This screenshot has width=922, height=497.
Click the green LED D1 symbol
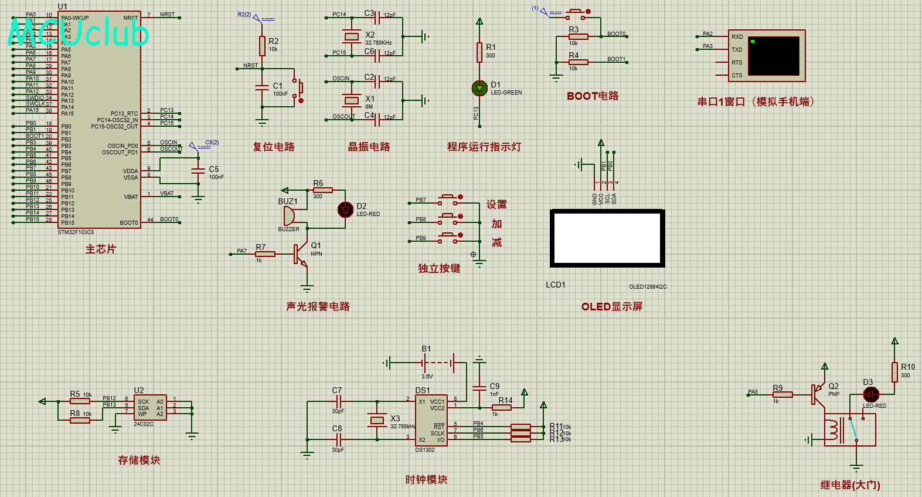479,88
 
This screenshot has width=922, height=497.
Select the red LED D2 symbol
345,209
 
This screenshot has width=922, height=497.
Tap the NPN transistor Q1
301,254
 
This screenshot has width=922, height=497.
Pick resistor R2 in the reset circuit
262,46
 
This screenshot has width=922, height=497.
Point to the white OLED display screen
607,238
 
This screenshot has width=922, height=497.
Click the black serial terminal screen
773,56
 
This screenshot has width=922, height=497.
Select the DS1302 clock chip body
431,420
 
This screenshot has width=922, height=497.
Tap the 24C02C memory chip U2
149,407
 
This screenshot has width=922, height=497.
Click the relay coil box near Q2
849,430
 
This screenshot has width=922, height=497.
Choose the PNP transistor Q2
816,394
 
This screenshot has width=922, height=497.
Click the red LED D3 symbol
871,394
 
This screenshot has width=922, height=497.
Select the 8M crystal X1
352,100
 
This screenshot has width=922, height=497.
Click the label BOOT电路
592,96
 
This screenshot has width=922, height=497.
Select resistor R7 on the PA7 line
265,254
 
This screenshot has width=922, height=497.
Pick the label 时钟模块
426,479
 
